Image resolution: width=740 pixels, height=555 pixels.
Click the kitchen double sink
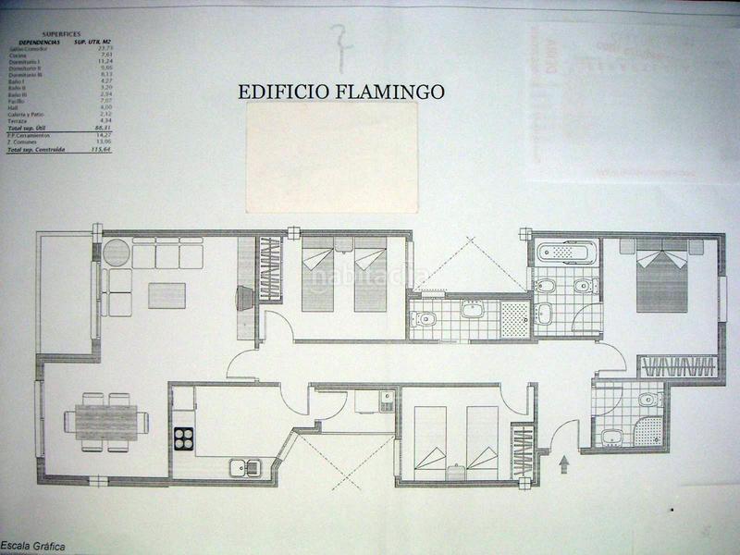pos(245,467)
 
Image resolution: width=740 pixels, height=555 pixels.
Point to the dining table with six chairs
pos(105,422)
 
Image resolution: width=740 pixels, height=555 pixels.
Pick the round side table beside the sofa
pos(117,252)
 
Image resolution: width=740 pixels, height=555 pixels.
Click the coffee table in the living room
pos(166,295)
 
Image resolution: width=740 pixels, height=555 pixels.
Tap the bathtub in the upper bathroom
pos(566,252)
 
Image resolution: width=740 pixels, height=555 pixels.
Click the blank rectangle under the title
pos(332,157)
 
